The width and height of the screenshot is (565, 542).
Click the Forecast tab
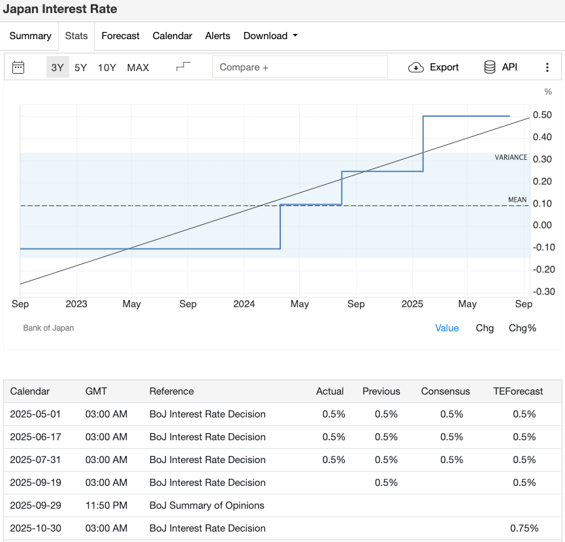120,36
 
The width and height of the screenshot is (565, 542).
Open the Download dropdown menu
270,36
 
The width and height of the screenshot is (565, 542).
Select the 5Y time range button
80,67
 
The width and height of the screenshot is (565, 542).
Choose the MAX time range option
138,67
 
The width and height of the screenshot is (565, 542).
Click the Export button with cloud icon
434,67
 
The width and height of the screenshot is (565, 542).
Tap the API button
500,67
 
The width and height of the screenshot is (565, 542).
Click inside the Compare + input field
300,67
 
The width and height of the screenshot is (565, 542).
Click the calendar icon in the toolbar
18,67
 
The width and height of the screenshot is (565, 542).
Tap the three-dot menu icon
547,67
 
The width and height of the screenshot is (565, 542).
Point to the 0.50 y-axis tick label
542,115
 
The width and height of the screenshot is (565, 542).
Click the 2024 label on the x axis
244,304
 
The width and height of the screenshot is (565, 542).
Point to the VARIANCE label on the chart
511,157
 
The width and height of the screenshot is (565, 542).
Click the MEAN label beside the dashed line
517,200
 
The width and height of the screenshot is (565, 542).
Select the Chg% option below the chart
522,328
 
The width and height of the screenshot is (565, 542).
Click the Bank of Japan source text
48,328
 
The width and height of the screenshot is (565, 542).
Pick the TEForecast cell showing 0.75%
524,528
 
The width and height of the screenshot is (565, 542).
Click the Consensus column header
445,391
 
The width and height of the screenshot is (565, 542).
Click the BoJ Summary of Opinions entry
206,505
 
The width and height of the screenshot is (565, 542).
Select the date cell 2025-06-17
35,437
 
